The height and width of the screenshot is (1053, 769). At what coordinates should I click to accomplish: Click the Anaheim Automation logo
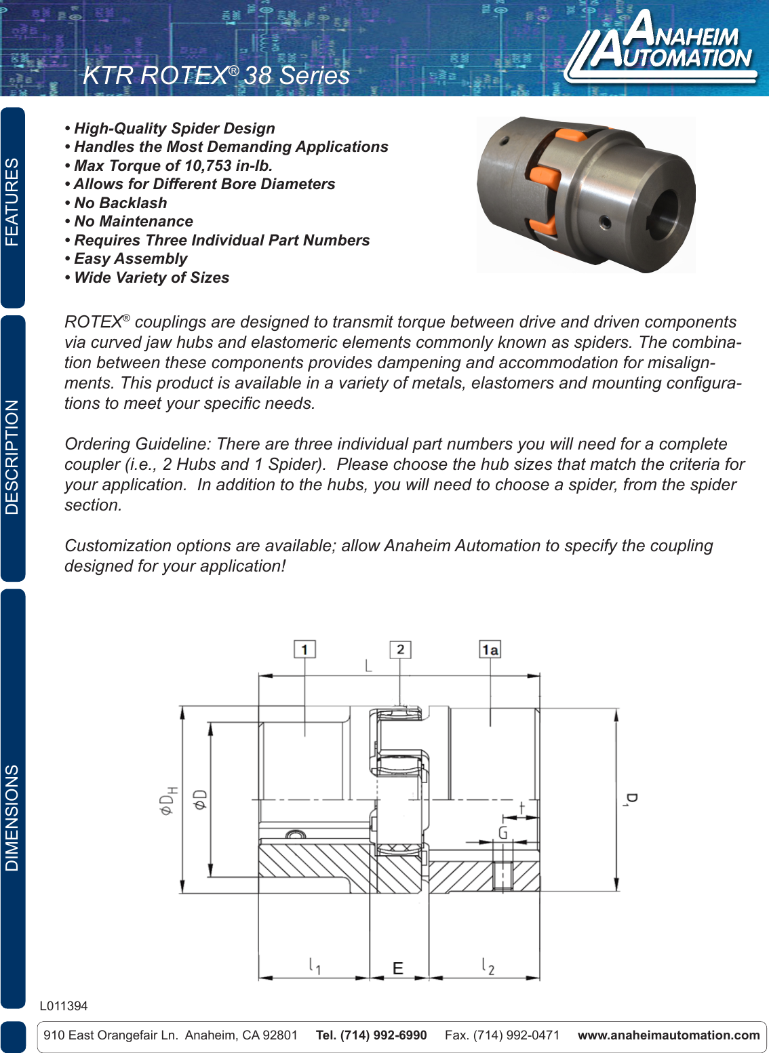pos(661,47)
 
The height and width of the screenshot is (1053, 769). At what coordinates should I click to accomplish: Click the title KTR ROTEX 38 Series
pos(216,75)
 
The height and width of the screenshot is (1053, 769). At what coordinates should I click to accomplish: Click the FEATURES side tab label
pos(12,202)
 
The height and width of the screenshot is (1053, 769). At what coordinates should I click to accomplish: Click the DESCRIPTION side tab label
pos(12,456)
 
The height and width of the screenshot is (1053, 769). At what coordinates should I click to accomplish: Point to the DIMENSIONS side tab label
pos(12,818)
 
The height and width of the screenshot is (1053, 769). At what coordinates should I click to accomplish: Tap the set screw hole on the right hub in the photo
pos(604,222)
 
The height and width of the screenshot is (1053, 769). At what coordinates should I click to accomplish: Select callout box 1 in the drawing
pos(304,650)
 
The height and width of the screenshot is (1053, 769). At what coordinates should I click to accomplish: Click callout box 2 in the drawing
pos(400,650)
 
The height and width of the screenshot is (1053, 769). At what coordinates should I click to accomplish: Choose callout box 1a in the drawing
pos(490,650)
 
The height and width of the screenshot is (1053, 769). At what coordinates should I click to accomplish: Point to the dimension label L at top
pos(368,666)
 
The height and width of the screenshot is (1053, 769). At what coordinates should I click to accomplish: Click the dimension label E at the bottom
pos(398,968)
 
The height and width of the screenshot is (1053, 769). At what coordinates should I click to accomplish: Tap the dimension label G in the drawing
pos(502,832)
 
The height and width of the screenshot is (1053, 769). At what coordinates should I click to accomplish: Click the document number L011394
pos(64,1006)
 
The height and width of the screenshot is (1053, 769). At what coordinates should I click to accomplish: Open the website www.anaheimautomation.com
pos(668,1035)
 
